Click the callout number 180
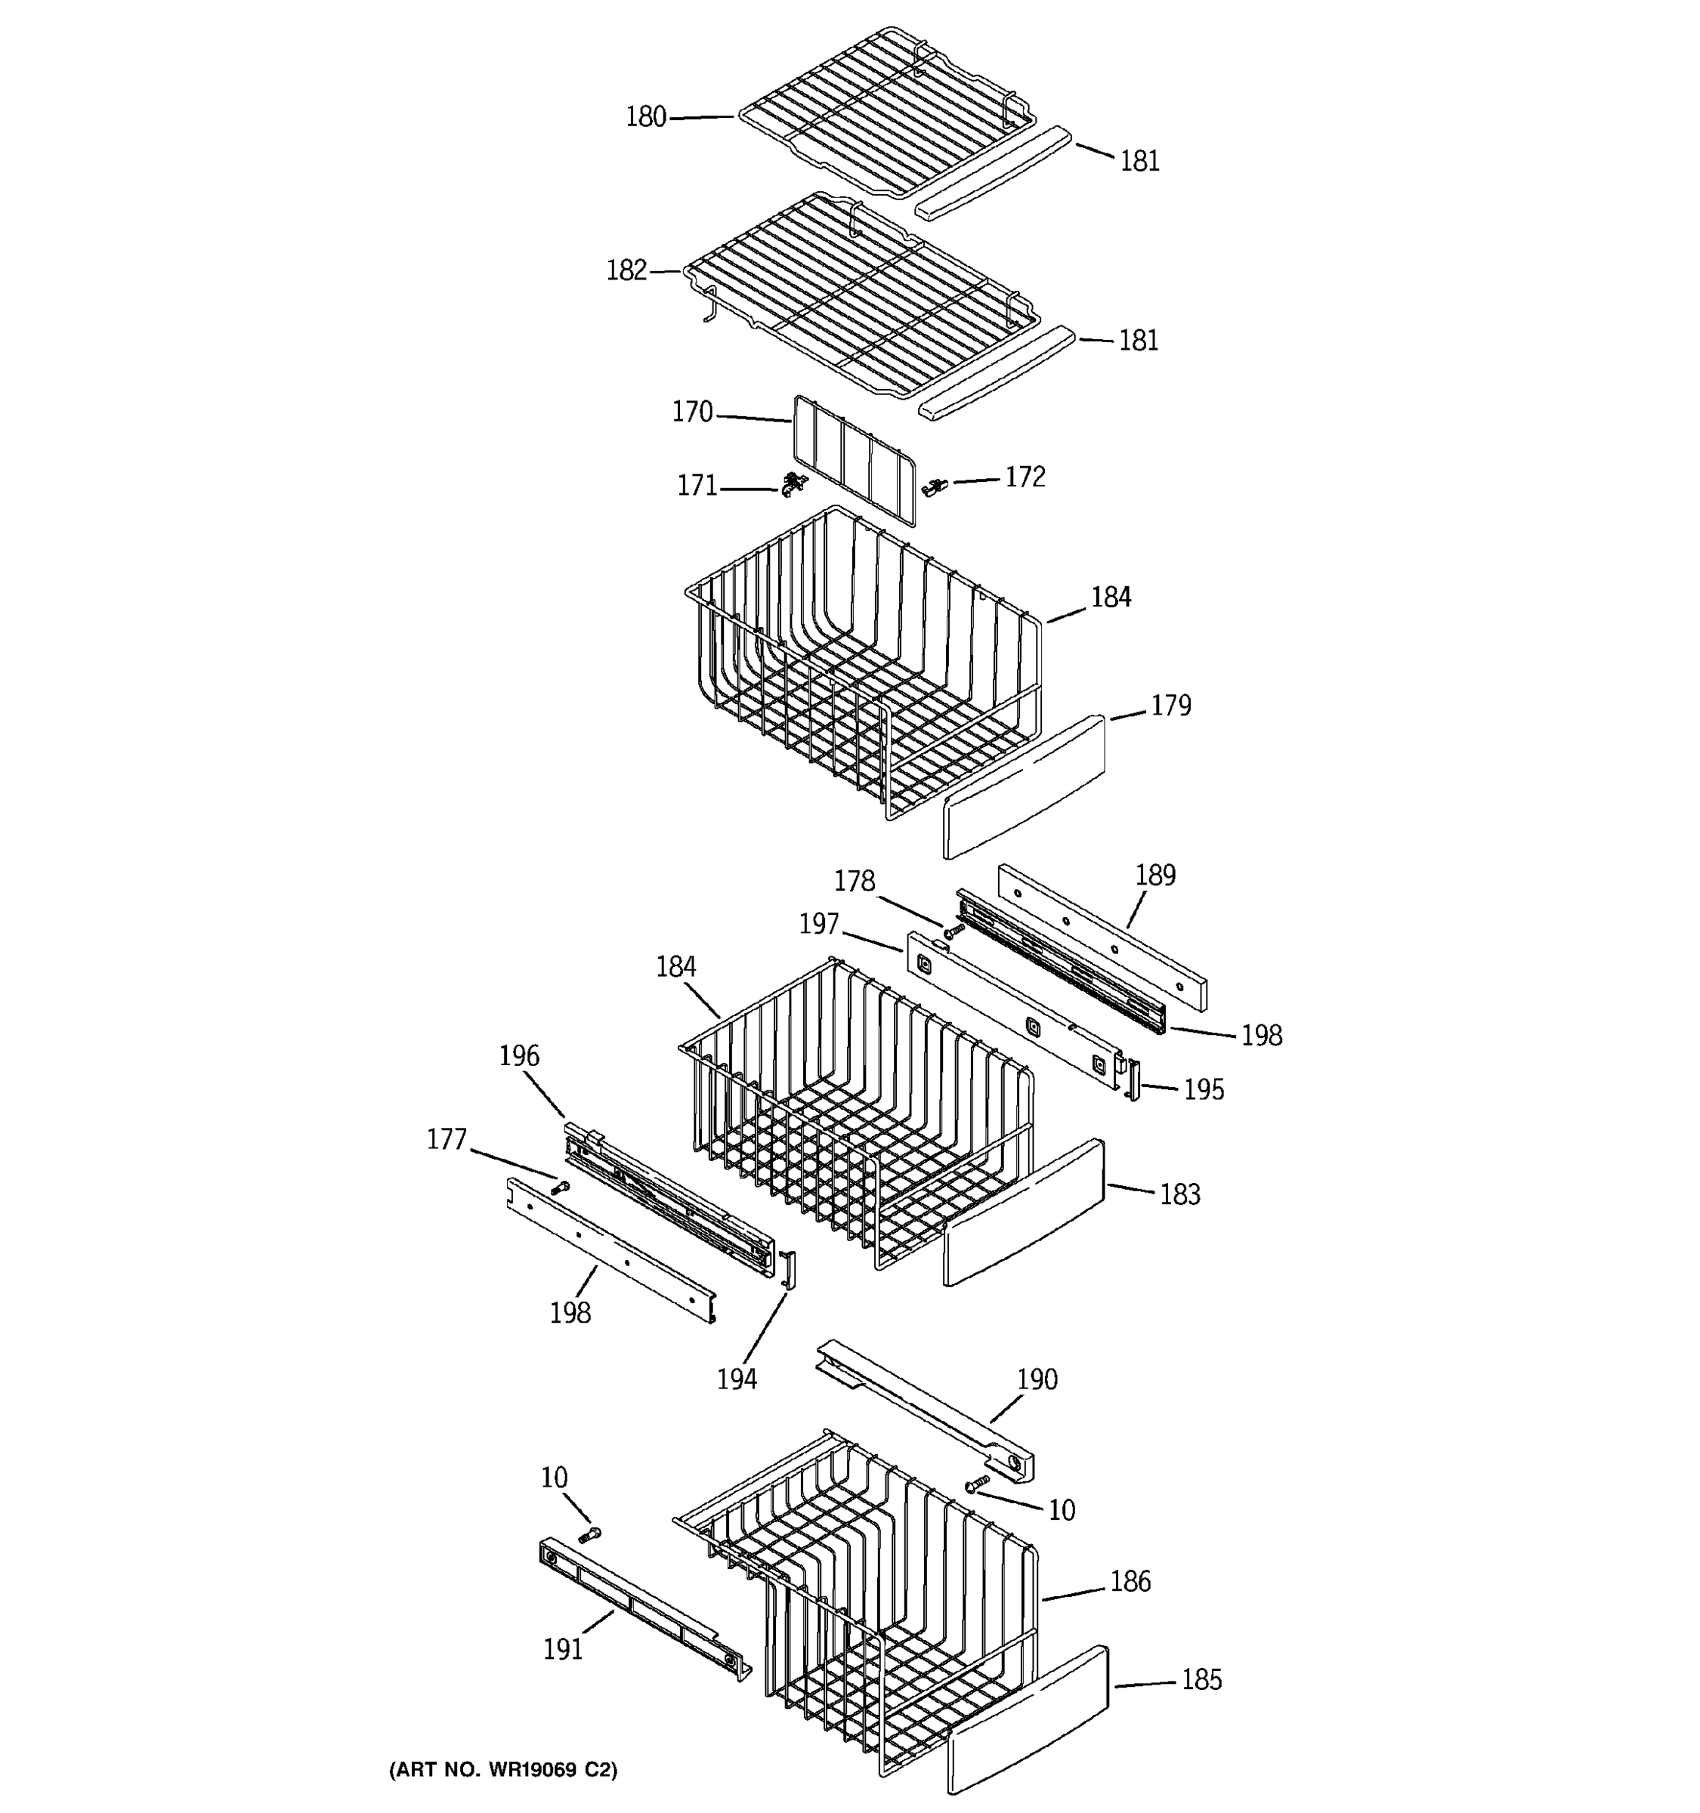pyautogui.click(x=646, y=117)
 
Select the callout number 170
pyautogui.click(x=692, y=412)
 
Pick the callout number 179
pyautogui.click(x=1171, y=705)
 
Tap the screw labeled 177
pyautogui.click(x=560, y=1188)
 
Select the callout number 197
pyautogui.click(x=819, y=924)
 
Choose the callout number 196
pyautogui.click(x=519, y=1055)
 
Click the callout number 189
pyautogui.click(x=1155, y=875)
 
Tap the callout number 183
pyautogui.click(x=1180, y=1194)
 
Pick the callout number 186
pyautogui.click(x=1131, y=1580)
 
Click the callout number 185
pyautogui.click(x=1201, y=1679)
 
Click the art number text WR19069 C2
pyautogui.click(x=503, y=1770)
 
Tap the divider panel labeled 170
pyautogui.click(x=853, y=461)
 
